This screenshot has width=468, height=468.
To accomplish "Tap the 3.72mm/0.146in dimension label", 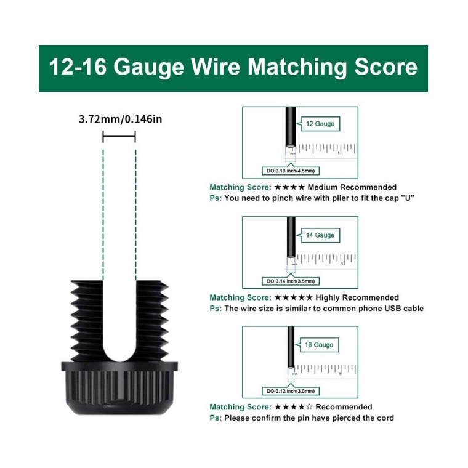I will pyautogui.click(x=120, y=118).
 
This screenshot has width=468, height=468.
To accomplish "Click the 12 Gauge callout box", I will pyautogui.click(x=320, y=124).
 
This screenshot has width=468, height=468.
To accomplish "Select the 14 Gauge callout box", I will pyautogui.click(x=320, y=235).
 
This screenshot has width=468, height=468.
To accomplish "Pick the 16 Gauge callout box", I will pyautogui.click(x=320, y=345).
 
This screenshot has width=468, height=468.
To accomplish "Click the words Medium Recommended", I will pyautogui.click(x=352, y=187).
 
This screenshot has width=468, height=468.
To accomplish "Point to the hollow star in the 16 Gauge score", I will pyautogui.click(x=309, y=407).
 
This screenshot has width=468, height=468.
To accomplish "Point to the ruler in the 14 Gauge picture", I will pyautogui.click(x=326, y=259).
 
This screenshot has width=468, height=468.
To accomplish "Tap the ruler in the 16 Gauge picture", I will pyautogui.click(x=326, y=368).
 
